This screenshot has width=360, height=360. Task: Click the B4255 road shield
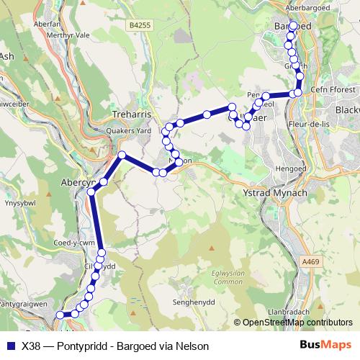coord(141,24)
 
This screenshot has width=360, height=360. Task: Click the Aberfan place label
coord(47,22)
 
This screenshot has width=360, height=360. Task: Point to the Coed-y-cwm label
coord(74,243)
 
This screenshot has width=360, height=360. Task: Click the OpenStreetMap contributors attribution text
coord(297,323)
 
